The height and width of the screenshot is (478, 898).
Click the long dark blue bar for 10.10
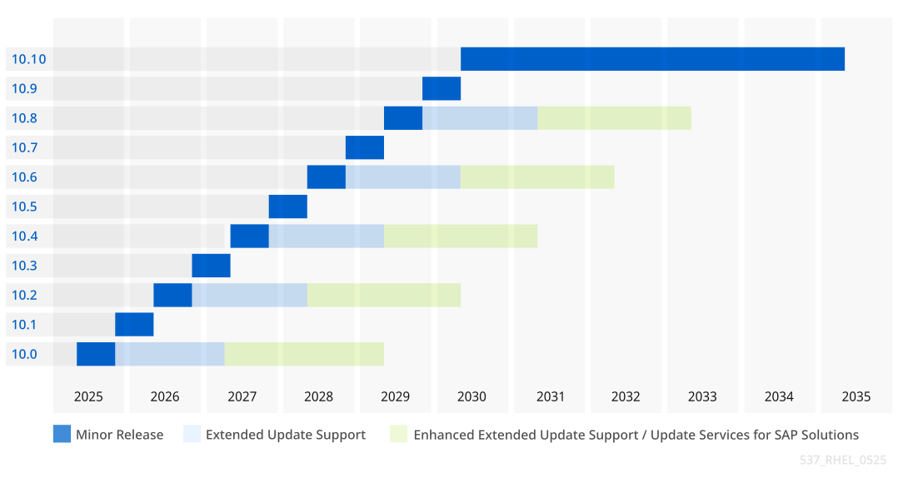(x=652, y=59)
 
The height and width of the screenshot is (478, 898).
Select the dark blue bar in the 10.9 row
(x=442, y=88)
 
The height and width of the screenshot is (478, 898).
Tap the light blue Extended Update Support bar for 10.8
(x=480, y=118)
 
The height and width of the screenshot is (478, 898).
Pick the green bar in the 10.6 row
(x=537, y=177)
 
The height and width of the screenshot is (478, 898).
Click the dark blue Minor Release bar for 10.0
(x=96, y=354)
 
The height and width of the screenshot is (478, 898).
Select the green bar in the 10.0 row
(x=304, y=354)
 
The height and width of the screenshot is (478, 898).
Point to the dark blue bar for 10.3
(x=211, y=266)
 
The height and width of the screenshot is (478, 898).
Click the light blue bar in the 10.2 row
(x=249, y=295)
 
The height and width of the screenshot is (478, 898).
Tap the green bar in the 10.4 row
(x=461, y=236)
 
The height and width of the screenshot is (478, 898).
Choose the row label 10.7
(x=24, y=147)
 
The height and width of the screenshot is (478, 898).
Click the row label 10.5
(x=24, y=207)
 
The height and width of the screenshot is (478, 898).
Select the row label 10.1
(x=24, y=325)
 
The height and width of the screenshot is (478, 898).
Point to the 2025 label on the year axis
(x=88, y=396)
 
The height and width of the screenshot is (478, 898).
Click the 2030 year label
(x=472, y=396)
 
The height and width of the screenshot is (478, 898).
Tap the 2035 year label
(x=856, y=396)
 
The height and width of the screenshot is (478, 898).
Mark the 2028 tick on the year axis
(x=318, y=396)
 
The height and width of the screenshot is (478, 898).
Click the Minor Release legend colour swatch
(x=62, y=435)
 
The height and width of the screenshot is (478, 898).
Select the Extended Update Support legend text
(x=286, y=435)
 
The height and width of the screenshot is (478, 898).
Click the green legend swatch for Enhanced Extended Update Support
(x=399, y=435)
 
